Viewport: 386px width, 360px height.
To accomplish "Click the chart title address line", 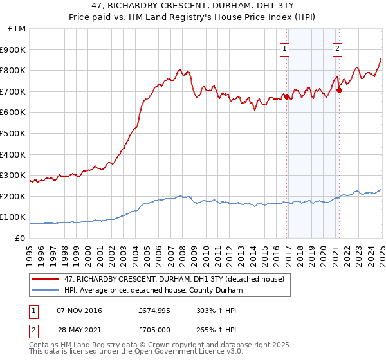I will (x=193, y=6).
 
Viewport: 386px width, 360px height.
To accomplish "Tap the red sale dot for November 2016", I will (x=287, y=97).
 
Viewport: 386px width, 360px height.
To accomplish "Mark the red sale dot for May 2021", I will (x=339, y=91).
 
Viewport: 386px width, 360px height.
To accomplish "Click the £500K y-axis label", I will (x=13, y=133).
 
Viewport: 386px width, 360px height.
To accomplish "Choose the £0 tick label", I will (x=21, y=238).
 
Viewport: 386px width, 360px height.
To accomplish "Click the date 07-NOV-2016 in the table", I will (x=80, y=310).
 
